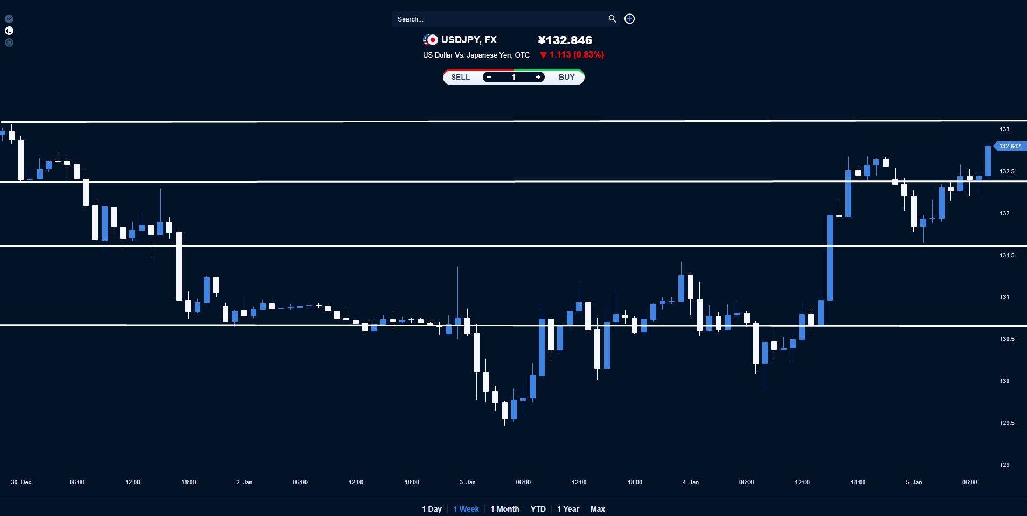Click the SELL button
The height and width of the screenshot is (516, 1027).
click(460, 77)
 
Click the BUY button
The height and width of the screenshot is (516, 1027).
click(566, 77)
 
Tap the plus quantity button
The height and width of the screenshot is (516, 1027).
click(538, 77)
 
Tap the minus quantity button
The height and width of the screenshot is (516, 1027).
click(489, 77)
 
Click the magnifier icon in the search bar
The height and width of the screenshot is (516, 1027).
click(612, 19)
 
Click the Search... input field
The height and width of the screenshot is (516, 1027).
click(498, 19)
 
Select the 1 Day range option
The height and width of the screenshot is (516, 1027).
click(432, 509)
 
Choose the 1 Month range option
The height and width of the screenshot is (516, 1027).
click(505, 509)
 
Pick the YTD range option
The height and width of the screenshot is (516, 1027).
click(538, 509)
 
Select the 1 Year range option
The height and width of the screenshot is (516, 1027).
click(568, 509)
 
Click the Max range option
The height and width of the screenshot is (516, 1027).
click(598, 509)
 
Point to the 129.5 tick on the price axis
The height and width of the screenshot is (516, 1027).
click(1007, 423)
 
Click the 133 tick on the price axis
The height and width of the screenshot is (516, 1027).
click(1004, 129)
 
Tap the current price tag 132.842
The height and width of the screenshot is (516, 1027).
click(1009, 146)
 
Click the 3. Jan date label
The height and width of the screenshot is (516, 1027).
click(467, 482)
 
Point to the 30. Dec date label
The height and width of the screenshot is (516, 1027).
click(21, 482)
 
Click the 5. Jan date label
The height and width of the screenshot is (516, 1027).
click(914, 482)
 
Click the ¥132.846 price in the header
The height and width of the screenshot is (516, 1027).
click(565, 40)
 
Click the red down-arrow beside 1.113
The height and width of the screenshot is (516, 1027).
click(543, 55)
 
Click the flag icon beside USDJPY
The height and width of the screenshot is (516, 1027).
click(430, 40)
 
